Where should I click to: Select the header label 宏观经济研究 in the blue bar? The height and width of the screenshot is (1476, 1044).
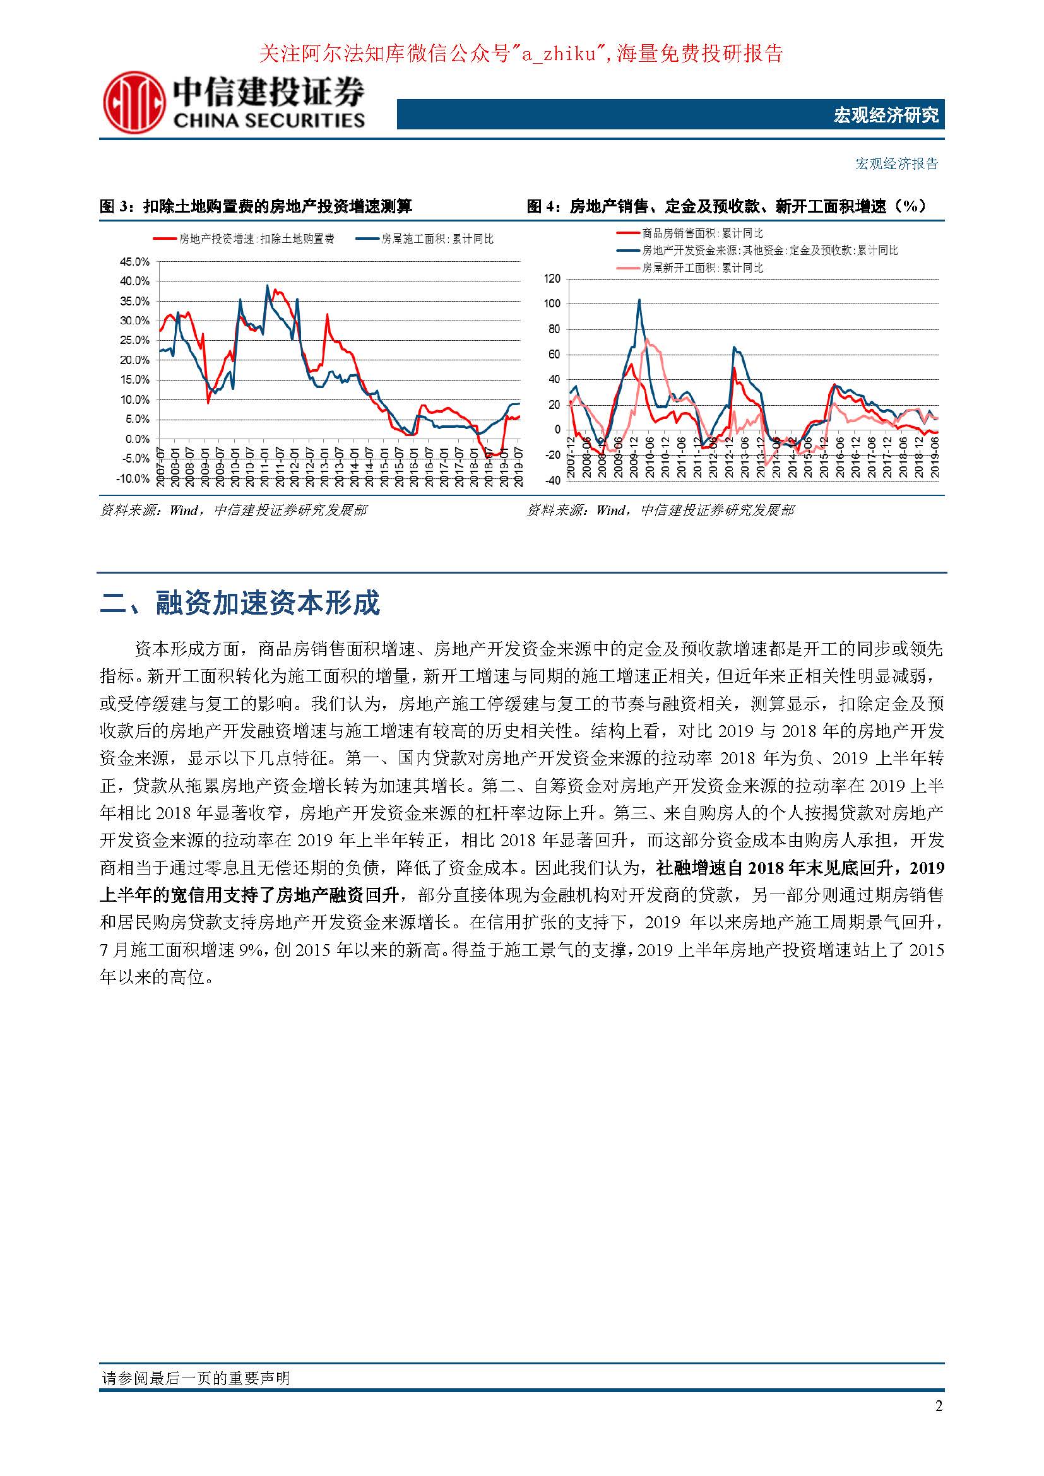tap(886, 115)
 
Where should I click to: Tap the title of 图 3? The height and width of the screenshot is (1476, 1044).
tap(256, 206)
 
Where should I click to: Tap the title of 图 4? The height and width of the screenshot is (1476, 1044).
tap(727, 206)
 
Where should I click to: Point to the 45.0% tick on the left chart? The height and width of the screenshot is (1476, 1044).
tap(134, 262)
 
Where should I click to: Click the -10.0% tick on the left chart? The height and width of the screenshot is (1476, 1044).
tap(133, 479)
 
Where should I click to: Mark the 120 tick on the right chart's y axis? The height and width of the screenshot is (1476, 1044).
tap(552, 279)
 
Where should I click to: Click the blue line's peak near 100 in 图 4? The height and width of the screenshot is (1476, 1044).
tap(639, 300)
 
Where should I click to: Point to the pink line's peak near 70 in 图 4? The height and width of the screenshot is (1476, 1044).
tap(647, 339)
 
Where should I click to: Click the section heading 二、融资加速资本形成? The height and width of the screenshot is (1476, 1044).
tap(240, 603)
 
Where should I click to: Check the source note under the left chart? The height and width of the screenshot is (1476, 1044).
tap(234, 511)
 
